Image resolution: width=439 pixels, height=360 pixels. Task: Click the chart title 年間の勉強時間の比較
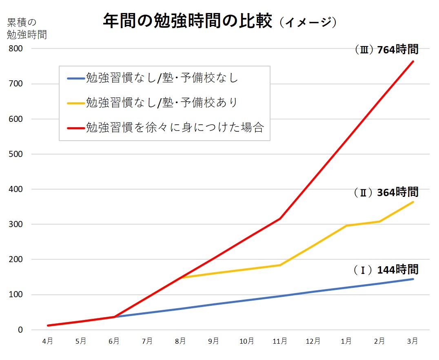pyautogui.click(x=187, y=22)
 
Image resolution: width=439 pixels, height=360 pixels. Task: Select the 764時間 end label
pyautogui.click(x=386, y=50)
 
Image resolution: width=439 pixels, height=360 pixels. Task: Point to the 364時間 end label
pyautogui.click(x=386, y=192)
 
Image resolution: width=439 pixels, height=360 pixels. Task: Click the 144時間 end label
pyautogui.click(x=386, y=269)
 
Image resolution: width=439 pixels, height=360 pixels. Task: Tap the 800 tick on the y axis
pyautogui.click(x=16, y=49)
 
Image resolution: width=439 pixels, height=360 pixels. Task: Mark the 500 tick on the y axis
pyautogui.click(x=16, y=155)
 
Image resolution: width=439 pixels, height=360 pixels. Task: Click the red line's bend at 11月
pyautogui.click(x=280, y=219)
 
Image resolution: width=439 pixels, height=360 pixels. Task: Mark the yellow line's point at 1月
pyautogui.click(x=347, y=225)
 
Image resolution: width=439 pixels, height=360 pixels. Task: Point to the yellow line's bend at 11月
pyautogui.click(x=280, y=265)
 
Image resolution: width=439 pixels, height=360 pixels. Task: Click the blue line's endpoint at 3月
pyautogui.click(x=413, y=279)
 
